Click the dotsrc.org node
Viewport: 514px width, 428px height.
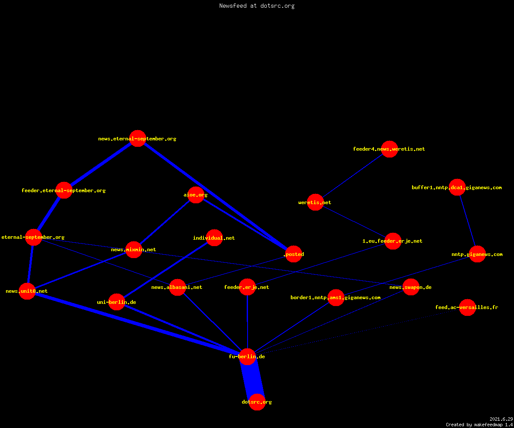pyautogui.click(x=257, y=402)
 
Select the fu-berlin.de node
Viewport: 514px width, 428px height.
pyautogui.click(x=247, y=357)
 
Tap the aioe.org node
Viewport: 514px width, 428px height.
pyautogui.click(x=196, y=195)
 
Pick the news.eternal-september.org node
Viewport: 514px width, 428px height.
pyautogui.click(x=137, y=139)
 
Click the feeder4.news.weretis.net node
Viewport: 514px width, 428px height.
pyautogui.click(x=389, y=149)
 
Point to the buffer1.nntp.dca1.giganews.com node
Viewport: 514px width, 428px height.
pyautogui.click(x=457, y=187)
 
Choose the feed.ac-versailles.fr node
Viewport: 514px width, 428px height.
pyautogui.click(x=467, y=307)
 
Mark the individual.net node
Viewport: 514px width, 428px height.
pyautogui.click(x=214, y=238)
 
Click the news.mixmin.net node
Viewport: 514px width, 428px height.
pyautogui.click(x=134, y=250)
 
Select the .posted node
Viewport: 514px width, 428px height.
pyautogui.click(x=293, y=254)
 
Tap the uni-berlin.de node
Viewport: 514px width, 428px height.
pyautogui.click(x=117, y=302)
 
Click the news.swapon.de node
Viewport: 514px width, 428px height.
pyautogui.click(x=411, y=287)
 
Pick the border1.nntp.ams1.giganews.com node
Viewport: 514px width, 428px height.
pyautogui.click(x=336, y=297)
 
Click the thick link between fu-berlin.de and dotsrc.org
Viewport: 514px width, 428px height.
pyautogui.click(x=252, y=379)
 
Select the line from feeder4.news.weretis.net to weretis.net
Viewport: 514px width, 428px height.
pyautogui.click(x=352, y=175)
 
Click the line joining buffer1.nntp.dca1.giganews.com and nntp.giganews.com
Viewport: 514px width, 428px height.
pyautogui.click(x=467, y=221)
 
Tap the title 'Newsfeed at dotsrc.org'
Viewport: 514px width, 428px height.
pyautogui.click(x=257, y=6)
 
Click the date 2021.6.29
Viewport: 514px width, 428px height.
pyautogui.click(x=501, y=419)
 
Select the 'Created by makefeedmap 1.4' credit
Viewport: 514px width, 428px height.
pyautogui.click(x=479, y=425)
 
